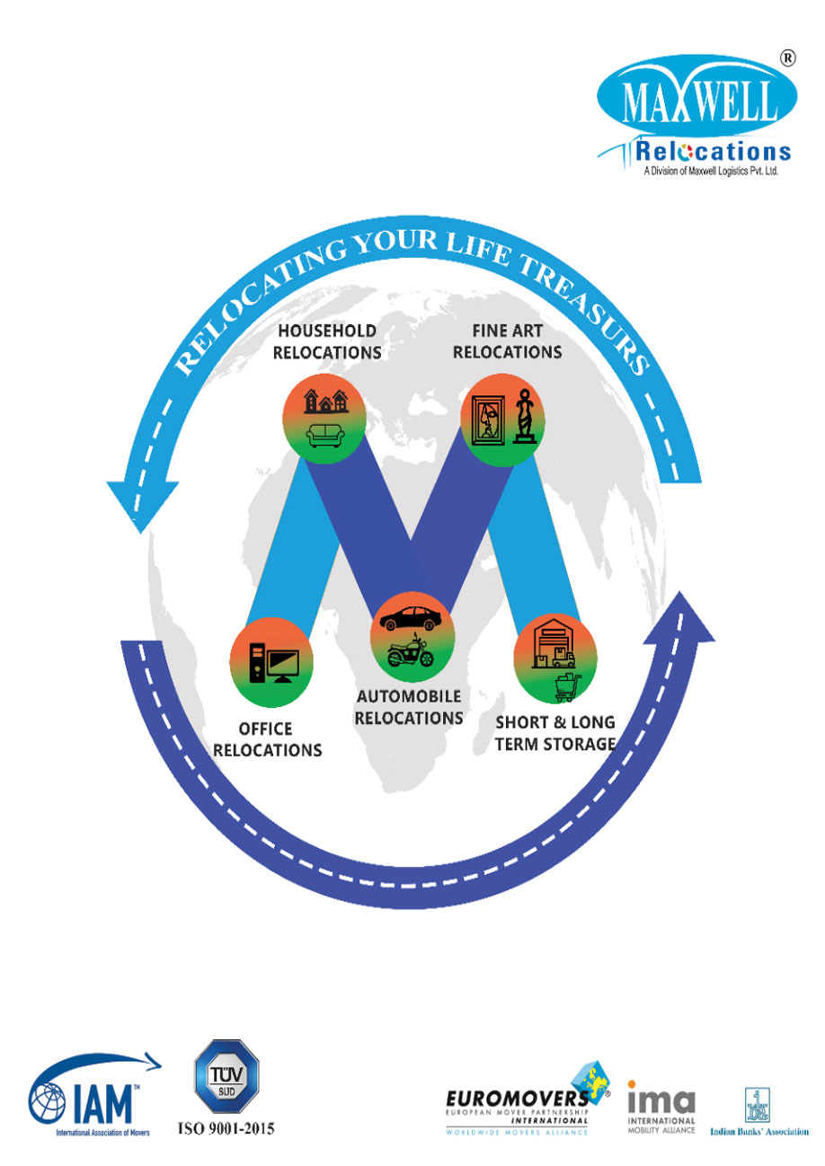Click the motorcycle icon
click(411, 651)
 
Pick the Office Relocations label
click(279, 738)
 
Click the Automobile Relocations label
click(409, 707)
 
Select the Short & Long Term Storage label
click(555, 732)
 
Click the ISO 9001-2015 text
click(227, 1128)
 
